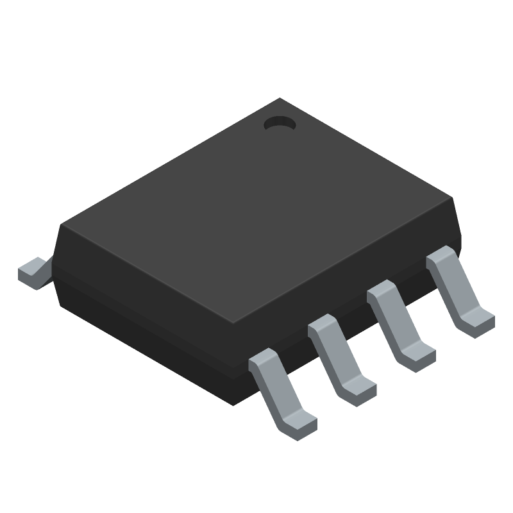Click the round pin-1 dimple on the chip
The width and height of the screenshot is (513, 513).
click(278, 122)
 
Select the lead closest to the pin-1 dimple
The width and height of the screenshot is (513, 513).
click(459, 292)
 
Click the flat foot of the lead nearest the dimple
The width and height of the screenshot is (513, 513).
click(478, 319)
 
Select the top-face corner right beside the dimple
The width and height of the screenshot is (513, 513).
click(280, 99)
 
